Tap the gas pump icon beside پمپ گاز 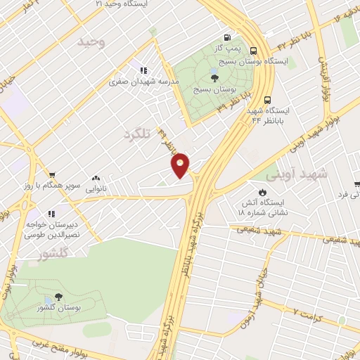[226, 38]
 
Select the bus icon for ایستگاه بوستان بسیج [253, 51]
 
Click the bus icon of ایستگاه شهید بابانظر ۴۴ [267, 99]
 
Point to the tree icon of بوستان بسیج [214, 78]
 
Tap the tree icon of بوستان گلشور [56, 299]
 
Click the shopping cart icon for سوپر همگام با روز [52, 175]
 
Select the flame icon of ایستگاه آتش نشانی [262, 191]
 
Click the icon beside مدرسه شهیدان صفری [143, 70]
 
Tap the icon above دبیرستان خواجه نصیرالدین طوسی [50, 213]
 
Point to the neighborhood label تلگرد [136, 134]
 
